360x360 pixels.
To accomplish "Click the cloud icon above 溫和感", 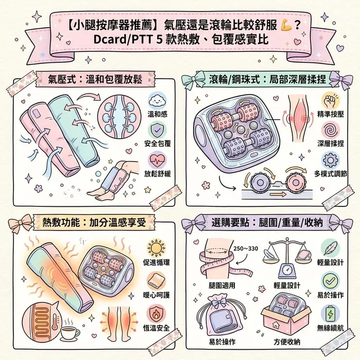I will coord(157,101).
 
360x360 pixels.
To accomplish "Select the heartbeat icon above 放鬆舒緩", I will coord(157,162).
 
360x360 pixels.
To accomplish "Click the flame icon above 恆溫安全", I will coord(157,311).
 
